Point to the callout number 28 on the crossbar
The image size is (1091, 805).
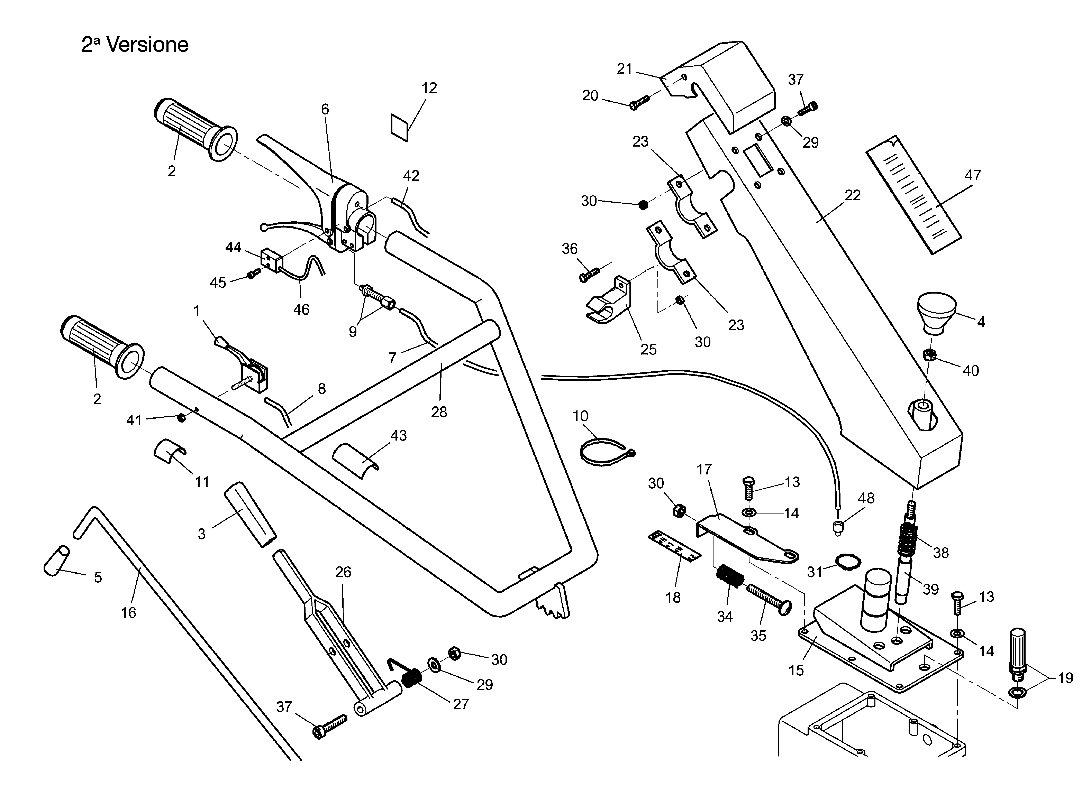(x=439, y=412)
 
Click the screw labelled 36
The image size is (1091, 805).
(x=589, y=274)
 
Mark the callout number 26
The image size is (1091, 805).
(x=343, y=572)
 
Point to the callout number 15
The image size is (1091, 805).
(x=796, y=670)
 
